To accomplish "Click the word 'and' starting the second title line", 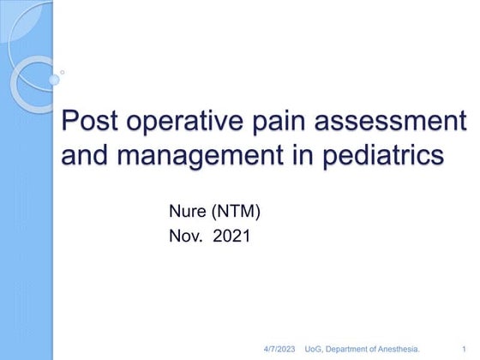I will click(x=86, y=158).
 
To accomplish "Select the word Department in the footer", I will click(x=351, y=350).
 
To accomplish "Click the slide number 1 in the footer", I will click(x=464, y=350).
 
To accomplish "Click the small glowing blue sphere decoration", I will click(x=53, y=80).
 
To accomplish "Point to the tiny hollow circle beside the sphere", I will click(x=63, y=73).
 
